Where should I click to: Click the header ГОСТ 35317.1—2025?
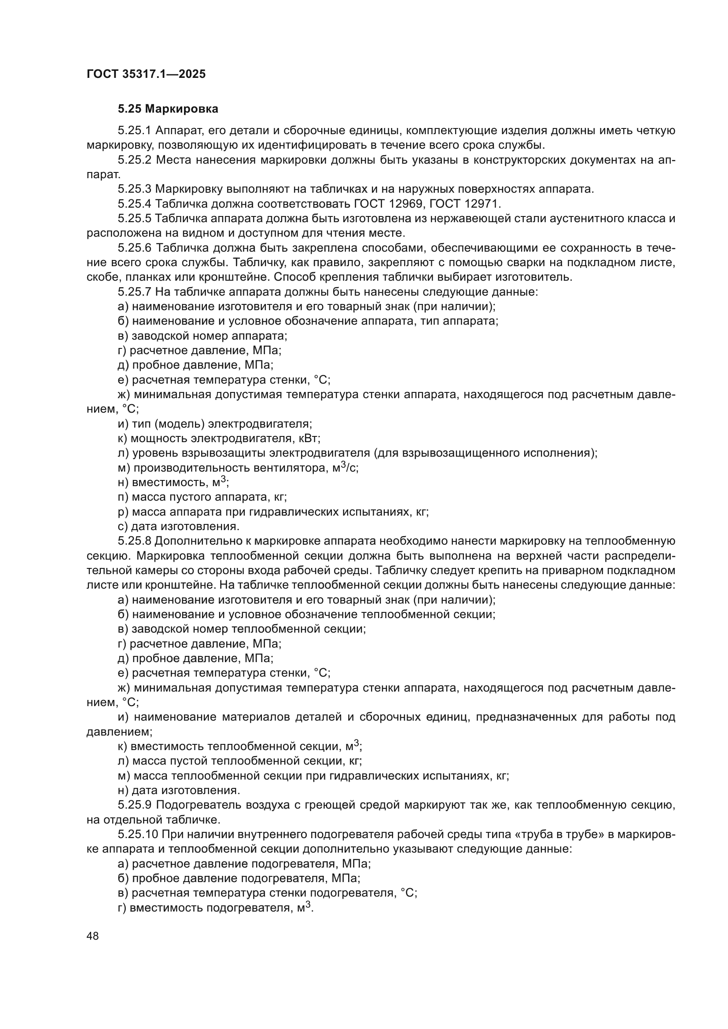coord(146,74)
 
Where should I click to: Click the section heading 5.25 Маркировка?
coord(168,109)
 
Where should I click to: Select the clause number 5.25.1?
coord(135,131)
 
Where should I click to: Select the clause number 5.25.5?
coord(135,219)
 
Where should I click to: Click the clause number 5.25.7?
coord(135,292)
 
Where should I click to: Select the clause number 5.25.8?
coord(135,542)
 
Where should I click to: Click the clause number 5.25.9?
coord(135,806)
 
